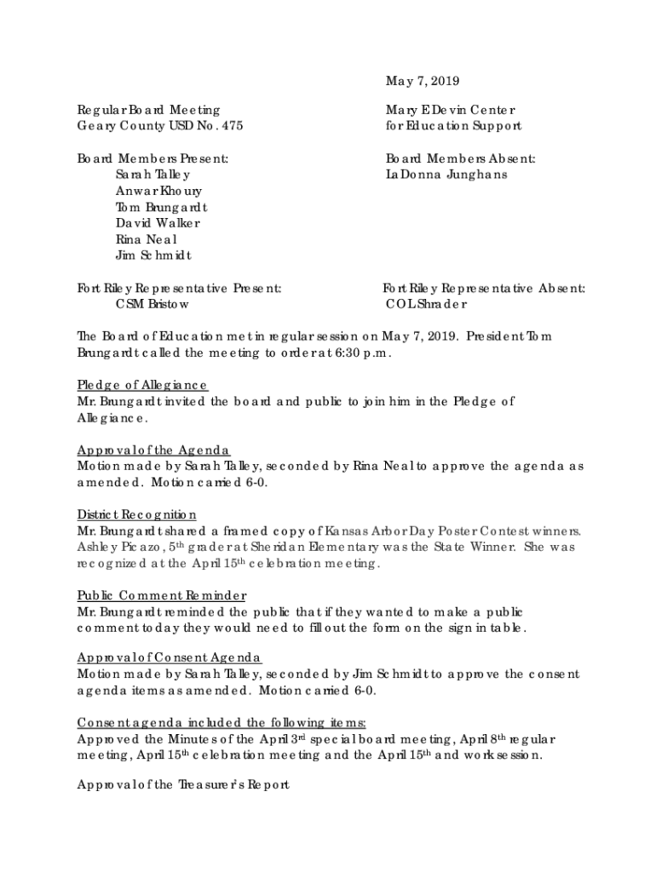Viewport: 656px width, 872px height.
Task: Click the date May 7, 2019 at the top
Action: tap(423, 82)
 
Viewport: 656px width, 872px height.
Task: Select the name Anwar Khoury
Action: tap(159, 191)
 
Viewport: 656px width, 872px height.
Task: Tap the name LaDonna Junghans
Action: tap(446, 175)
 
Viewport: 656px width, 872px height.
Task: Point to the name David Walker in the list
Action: tap(158, 223)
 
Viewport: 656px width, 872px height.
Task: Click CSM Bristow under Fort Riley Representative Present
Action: tap(152, 304)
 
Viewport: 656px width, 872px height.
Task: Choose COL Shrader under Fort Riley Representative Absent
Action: tap(426, 304)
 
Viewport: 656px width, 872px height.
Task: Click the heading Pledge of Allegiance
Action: tap(142, 385)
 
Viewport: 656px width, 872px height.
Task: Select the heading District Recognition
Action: tap(137, 514)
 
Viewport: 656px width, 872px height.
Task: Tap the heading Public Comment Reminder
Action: tap(162, 595)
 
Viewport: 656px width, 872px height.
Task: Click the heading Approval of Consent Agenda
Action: tap(170, 657)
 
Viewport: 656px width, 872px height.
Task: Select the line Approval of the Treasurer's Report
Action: tap(183, 785)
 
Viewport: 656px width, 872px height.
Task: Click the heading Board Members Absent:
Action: tap(461, 158)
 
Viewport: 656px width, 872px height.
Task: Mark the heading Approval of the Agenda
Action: tap(153, 450)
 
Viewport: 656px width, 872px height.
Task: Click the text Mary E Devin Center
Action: tap(451, 110)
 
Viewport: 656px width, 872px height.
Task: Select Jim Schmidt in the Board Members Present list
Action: tap(154, 255)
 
